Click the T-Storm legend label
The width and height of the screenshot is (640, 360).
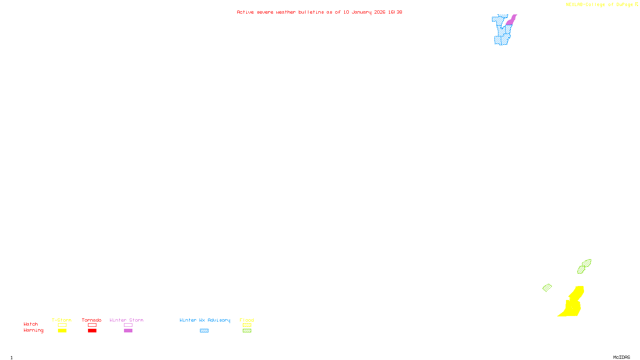(x=62, y=320)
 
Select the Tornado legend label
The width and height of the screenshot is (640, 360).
(x=92, y=320)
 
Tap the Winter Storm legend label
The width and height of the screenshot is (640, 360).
(x=126, y=320)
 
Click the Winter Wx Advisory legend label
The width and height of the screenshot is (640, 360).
(x=205, y=320)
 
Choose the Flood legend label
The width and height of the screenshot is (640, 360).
(x=247, y=320)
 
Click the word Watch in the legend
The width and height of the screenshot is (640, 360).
(x=31, y=324)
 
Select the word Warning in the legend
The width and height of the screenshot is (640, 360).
(x=33, y=330)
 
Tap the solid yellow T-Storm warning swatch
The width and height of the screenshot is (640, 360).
(x=62, y=331)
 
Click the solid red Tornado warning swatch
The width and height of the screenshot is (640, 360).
(x=92, y=331)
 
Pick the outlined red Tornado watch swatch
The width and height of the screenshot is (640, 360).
(x=92, y=325)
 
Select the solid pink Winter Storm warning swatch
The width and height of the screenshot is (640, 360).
(x=128, y=331)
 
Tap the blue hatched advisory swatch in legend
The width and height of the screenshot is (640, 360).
(x=204, y=331)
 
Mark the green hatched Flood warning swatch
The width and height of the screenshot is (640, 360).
(x=247, y=331)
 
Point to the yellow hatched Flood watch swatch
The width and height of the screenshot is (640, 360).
(x=247, y=325)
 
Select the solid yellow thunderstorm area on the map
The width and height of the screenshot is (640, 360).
(x=572, y=306)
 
